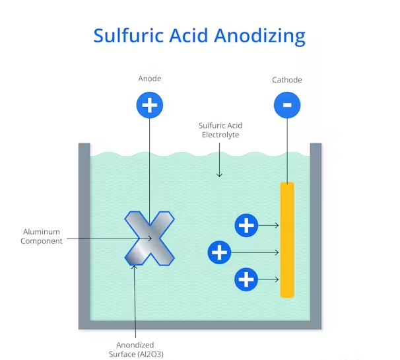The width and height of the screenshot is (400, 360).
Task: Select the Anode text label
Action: [x=150, y=79]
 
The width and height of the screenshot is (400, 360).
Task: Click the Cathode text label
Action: [x=287, y=80]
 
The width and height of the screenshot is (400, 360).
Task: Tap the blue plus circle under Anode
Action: [x=150, y=105]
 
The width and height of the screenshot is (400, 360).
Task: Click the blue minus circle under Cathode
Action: [x=287, y=105]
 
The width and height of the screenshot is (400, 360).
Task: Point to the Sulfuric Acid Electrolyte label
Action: [x=220, y=129]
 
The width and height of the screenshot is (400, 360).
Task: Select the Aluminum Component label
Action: [x=42, y=236]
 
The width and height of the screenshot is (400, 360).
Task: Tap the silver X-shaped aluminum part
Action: [x=150, y=238]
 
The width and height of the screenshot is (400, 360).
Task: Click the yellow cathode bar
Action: [x=287, y=240]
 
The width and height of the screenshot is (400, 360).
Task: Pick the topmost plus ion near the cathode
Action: [x=246, y=226]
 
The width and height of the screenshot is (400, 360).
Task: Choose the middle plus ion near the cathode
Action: [x=219, y=252]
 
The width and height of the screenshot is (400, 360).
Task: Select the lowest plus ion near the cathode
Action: [x=246, y=279]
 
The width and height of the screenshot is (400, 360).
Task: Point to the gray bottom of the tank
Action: [x=200, y=324]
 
